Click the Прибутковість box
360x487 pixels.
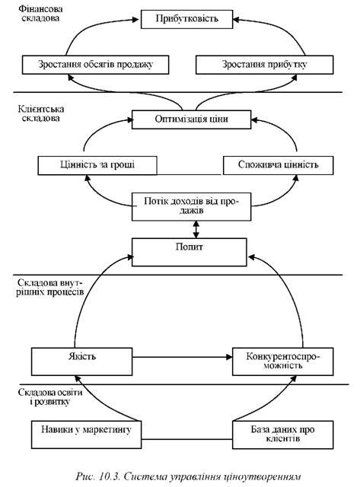186,19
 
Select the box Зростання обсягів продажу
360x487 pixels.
96,65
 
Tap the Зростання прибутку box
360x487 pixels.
264,65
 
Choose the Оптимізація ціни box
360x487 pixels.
191,119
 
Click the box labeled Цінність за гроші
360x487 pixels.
97,165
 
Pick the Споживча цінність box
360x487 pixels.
279,165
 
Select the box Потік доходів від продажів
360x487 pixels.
191,206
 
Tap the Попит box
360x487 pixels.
190,252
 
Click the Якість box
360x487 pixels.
81,361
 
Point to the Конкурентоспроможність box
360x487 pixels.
283,361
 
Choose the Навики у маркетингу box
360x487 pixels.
86,434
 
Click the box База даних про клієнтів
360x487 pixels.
283,434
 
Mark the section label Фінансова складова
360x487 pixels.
40,14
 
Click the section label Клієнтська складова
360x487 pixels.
40,113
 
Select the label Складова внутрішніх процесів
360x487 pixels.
49,288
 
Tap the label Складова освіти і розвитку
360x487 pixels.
50,396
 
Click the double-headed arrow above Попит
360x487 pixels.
196,230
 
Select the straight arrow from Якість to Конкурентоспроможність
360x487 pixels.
183,357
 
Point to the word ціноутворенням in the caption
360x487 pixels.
262,477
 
